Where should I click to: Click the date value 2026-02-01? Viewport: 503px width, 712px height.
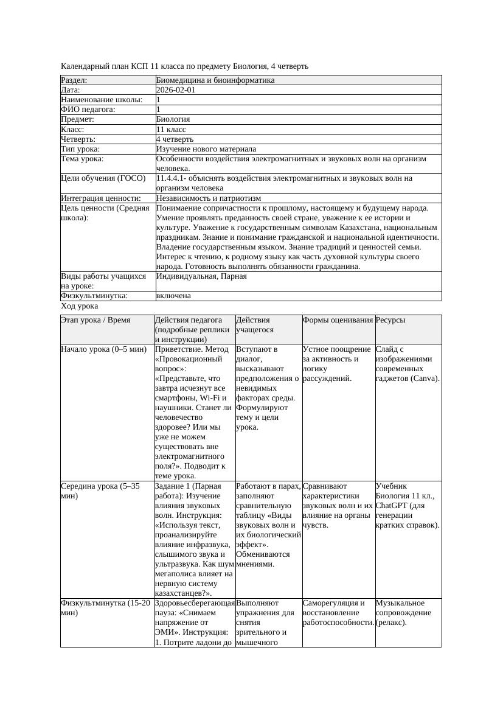point(176,90)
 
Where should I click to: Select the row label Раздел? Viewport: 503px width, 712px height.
point(74,80)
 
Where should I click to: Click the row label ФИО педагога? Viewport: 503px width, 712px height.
point(88,110)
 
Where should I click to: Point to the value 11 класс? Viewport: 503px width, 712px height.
point(171,130)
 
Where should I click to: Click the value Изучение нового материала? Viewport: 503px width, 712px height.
point(206,149)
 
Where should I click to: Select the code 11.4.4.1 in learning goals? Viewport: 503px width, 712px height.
point(171,178)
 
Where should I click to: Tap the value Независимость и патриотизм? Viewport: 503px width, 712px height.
point(209,198)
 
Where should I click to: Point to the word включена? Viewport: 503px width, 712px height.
point(173,296)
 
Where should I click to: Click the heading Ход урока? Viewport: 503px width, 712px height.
point(80,307)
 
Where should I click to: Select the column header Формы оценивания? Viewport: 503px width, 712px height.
point(338,320)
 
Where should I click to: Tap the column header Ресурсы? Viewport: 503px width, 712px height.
point(390,320)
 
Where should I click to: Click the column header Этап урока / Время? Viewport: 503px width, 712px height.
point(95,320)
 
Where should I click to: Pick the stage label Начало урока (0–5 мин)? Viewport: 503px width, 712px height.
point(104,349)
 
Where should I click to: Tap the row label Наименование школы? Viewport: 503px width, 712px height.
point(102,100)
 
